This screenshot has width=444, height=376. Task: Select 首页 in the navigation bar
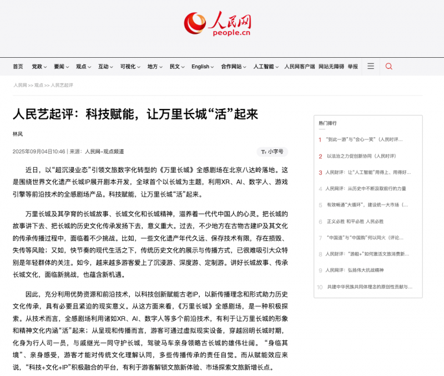(18, 67)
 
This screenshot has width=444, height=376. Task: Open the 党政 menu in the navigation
(39, 67)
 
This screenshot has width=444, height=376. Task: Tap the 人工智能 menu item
(266, 67)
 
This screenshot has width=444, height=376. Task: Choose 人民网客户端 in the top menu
(300, 67)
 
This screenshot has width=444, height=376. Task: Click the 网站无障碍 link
(331, 67)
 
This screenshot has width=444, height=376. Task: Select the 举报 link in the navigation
(353, 67)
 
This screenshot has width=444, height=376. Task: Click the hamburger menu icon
(371, 66)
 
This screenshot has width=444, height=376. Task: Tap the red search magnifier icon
(389, 66)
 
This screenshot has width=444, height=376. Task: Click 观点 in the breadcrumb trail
(38, 86)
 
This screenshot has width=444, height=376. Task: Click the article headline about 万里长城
(135, 114)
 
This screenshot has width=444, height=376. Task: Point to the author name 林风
(18, 134)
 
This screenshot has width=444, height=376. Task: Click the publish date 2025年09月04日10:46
(39, 152)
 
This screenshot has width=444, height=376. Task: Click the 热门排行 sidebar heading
(327, 123)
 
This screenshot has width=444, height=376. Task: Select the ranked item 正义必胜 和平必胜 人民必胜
(355, 221)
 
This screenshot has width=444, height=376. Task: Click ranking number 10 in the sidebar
(320, 287)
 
